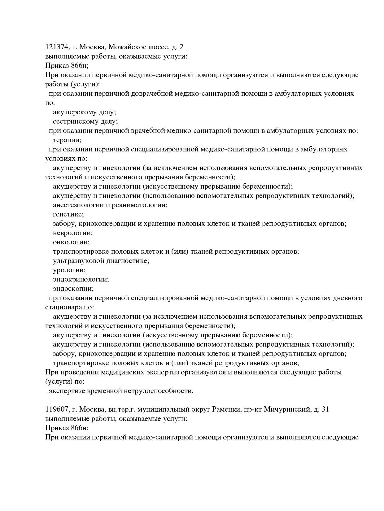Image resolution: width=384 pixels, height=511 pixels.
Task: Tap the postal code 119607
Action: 57,409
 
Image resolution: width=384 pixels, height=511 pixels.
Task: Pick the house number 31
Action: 325,409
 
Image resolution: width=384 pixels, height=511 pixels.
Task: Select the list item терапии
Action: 67,140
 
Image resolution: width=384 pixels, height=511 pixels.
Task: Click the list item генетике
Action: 68,214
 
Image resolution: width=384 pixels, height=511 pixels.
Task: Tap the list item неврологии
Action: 73,233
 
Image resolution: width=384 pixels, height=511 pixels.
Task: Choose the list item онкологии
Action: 71,242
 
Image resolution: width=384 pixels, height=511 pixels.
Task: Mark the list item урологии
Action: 69,270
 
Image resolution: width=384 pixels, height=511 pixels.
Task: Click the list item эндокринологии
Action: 81,279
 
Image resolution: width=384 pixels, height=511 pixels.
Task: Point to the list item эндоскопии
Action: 73,289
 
